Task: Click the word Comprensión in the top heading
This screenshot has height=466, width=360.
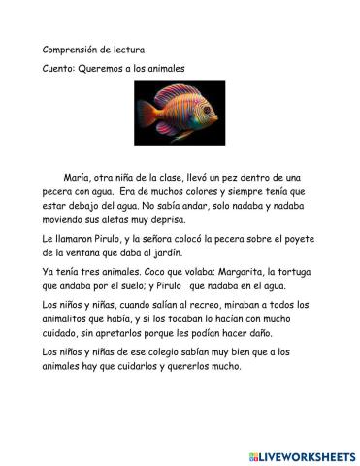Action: (71, 50)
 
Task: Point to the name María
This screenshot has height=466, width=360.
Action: (78, 179)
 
